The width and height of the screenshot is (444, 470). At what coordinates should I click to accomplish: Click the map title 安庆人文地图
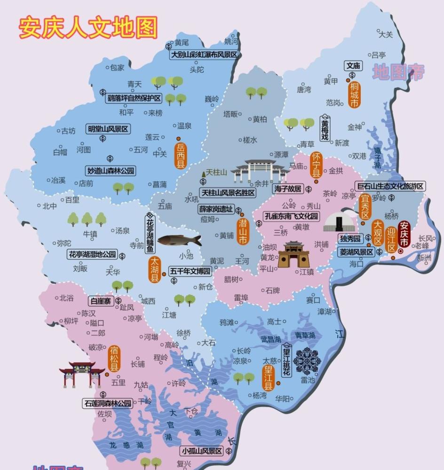[88, 27]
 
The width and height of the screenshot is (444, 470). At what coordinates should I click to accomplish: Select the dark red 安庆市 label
[404, 233]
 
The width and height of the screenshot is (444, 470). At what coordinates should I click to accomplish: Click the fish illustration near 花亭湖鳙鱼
[179, 240]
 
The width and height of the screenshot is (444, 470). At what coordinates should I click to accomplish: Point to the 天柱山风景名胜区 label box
[228, 193]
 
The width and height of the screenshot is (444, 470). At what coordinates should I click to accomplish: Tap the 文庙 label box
[353, 66]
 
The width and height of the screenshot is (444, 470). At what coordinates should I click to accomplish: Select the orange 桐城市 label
[355, 94]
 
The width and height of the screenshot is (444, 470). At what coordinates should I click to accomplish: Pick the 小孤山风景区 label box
[202, 451]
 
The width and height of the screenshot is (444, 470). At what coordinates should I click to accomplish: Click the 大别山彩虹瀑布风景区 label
[204, 55]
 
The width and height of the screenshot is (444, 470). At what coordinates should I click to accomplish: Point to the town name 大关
[386, 34]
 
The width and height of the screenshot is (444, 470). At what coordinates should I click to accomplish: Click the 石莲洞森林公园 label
[108, 403]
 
